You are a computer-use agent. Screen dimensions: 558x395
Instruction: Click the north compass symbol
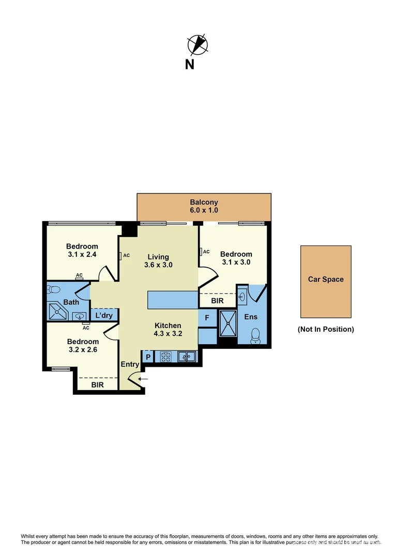pyautogui.click(x=197, y=44)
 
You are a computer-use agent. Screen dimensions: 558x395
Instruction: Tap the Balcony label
pyautogui.click(x=204, y=203)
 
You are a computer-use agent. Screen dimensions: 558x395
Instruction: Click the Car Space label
pyautogui.click(x=326, y=280)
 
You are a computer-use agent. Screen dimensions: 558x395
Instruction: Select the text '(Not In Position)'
pyautogui.click(x=326, y=329)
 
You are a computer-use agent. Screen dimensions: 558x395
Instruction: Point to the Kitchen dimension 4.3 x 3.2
pyautogui.click(x=168, y=334)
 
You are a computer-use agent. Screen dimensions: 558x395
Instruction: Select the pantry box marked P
pyautogui.click(x=147, y=356)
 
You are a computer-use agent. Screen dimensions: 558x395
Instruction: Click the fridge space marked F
pyautogui.click(x=207, y=318)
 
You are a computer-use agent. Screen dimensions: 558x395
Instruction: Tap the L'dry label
pyautogui.click(x=104, y=314)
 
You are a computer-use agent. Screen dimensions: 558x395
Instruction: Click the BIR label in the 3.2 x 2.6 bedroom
pyautogui.click(x=97, y=384)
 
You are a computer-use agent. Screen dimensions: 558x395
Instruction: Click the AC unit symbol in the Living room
pyautogui.click(x=120, y=255)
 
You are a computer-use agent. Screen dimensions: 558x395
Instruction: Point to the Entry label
pyautogui.click(x=130, y=365)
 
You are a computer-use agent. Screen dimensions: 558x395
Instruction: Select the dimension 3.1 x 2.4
pyautogui.click(x=82, y=254)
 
